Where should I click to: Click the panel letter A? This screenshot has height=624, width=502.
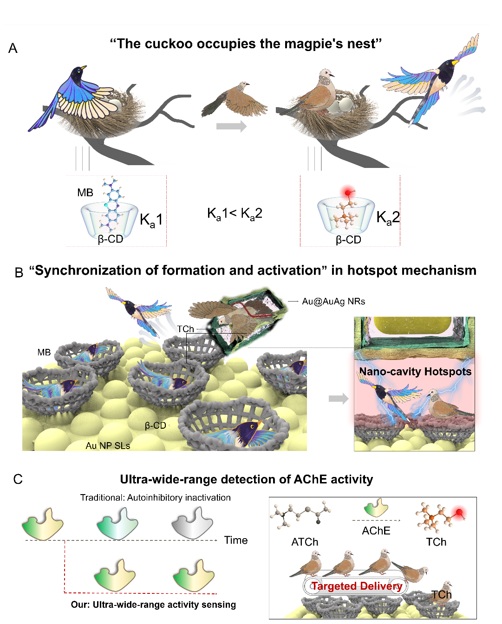point(13,48)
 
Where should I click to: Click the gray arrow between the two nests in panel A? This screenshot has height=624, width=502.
point(231,126)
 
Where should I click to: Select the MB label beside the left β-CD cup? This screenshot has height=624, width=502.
point(85,193)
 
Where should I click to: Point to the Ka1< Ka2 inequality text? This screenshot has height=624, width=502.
point(235,213)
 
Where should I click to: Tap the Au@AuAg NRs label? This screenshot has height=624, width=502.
point(333,302)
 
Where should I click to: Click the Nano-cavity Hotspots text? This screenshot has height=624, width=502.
point(415,372)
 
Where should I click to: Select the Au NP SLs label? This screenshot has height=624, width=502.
point(108,446)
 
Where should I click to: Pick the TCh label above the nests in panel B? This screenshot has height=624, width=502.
point(185,329)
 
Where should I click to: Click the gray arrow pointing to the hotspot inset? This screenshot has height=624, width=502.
point(338,398)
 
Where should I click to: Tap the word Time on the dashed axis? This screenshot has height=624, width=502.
point(236,540)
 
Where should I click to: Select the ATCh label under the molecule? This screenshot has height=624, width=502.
point(305,542)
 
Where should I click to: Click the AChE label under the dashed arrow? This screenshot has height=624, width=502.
point(376,531)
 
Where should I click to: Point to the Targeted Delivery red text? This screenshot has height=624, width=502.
point(357,586)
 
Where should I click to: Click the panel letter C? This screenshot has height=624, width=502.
point(18,479)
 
